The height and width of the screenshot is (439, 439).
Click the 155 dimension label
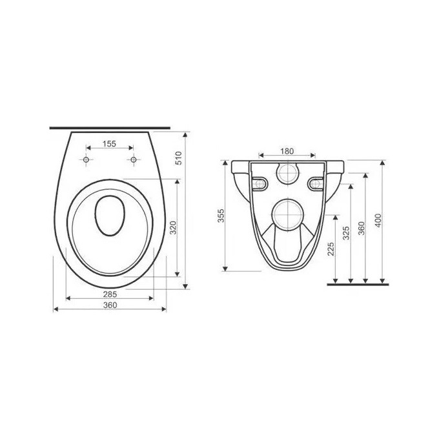click(x=108, y=145)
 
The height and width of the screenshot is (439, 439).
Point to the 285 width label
click(x=109, y=294)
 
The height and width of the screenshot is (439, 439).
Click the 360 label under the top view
click(x=109, y=306)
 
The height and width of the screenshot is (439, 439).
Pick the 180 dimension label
click(x=287, y=151)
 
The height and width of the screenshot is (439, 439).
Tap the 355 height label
click(x=220, y=216)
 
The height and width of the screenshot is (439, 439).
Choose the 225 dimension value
click(x=331, y=249)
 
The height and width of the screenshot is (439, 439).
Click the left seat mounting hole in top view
click(x=86, y=159)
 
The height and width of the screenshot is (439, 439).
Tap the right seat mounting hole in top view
click(x=133, y=159)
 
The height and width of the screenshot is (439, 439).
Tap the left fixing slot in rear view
click(x=260, y=184)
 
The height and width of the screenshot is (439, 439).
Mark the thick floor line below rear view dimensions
click(x=358, y=283)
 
